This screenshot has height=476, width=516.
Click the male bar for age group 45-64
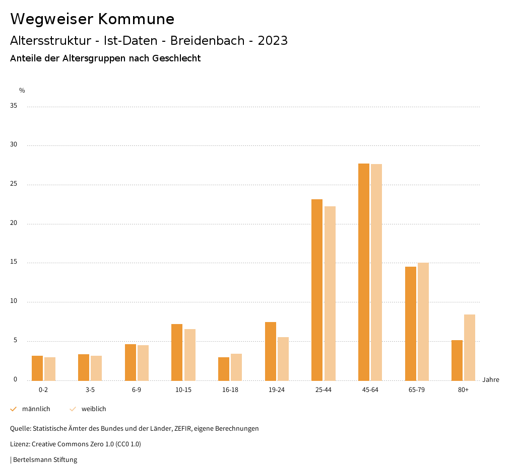[363, 272]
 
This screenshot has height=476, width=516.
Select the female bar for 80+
[470, 347]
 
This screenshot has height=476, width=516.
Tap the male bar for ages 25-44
[317, 289]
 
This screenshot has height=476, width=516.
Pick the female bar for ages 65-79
[423, 321]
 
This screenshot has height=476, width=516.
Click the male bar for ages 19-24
[271, 351]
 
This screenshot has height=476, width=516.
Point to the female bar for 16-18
[236, 367]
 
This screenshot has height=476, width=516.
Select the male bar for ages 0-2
[37, 368]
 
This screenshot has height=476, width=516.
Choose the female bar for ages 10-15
[190, 354]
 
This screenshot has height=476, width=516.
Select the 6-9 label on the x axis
[137, 390]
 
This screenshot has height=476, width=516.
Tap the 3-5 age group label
[90, 390]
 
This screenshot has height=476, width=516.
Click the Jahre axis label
[491, 380]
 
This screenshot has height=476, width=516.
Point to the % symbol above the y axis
[22, 91]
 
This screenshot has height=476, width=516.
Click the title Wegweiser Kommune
[92, 19]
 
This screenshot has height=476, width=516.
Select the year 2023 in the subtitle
[273, 41]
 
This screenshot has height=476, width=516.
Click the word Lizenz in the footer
[20, 444]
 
